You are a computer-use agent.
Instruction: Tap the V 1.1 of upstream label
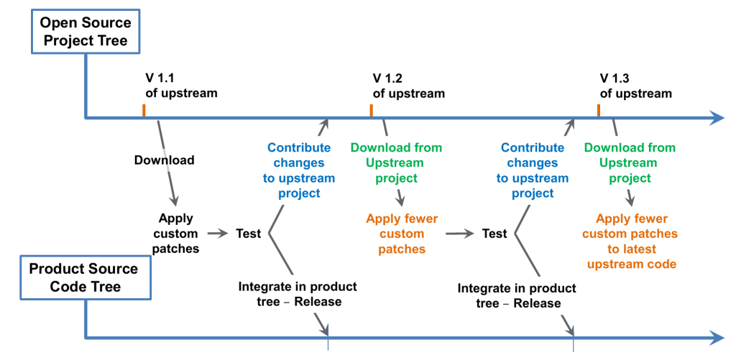coord(181,86)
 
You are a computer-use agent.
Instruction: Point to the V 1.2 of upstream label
coord(408,86)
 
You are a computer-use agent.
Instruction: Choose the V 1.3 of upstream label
coord(635,86)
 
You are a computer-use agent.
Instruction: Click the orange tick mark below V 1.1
coord(144,110)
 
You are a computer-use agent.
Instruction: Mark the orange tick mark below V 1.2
coord(371,110)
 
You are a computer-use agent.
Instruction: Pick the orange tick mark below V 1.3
coord(598,110)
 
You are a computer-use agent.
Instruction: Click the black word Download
coord(164,160)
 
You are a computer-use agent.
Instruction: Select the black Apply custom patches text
coord(176,234)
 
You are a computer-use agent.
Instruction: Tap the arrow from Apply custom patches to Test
coord(217,234)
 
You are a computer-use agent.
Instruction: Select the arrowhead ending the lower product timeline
coord(716,337)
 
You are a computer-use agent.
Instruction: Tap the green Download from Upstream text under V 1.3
coord(630,162)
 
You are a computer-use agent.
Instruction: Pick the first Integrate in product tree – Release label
coord(298,294)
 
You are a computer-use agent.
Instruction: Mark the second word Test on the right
coord(494,234)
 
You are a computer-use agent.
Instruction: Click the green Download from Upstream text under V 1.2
coord(397,162)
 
